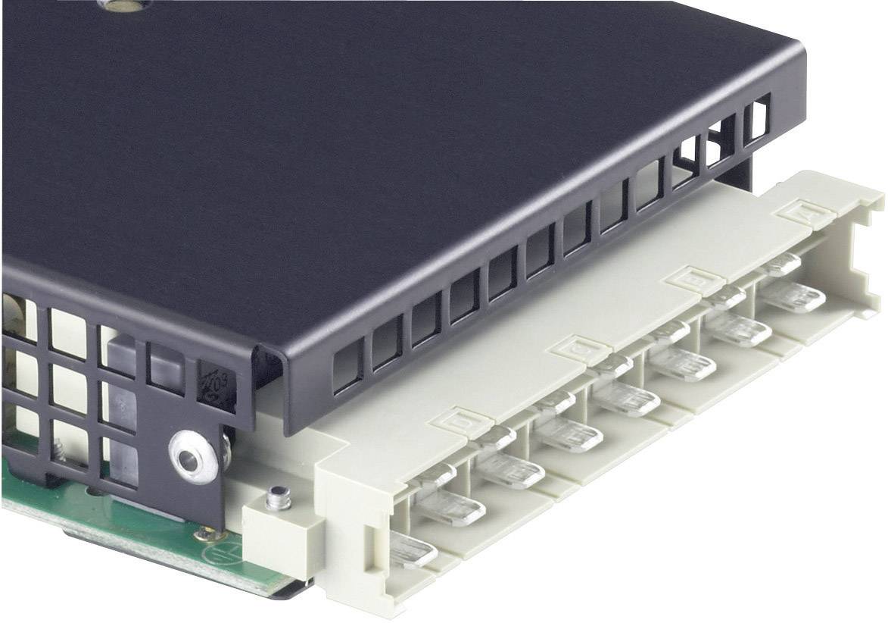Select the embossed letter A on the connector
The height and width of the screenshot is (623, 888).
pyautogui.click(x=799, y=210)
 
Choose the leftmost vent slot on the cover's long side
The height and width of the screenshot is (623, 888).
pyautogui.click(x=347, y=367)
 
